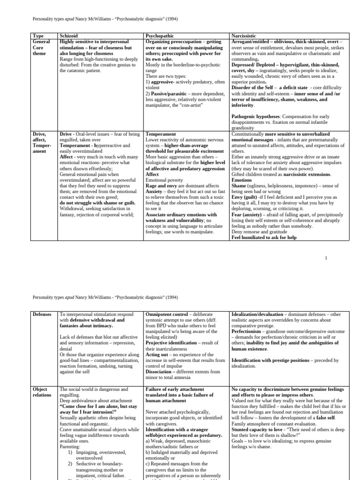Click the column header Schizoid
[70, 36]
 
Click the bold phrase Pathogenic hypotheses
[254, 116]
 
